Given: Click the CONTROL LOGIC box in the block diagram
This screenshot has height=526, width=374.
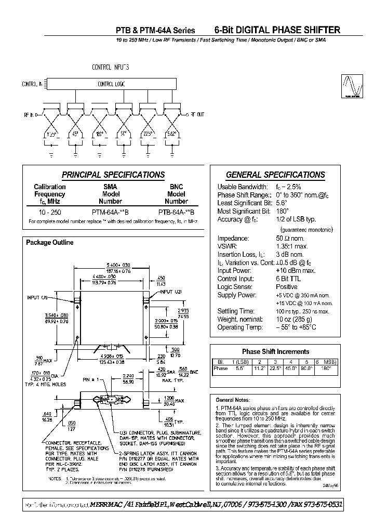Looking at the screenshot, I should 111,84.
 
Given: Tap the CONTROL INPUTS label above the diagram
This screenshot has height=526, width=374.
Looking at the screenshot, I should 110,68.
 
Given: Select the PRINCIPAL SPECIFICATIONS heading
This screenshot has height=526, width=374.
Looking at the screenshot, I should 113,175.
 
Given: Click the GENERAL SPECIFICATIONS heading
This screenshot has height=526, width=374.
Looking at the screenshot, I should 275,175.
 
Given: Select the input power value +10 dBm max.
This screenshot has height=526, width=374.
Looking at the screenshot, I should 295,270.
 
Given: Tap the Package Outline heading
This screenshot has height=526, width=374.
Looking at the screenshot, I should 50,243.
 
